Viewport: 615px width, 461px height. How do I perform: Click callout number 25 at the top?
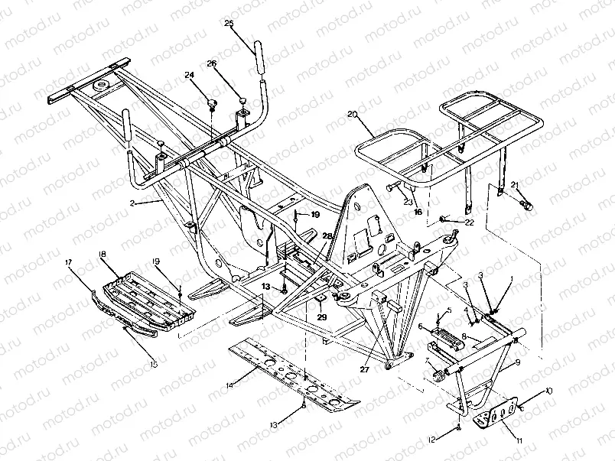[229, 24]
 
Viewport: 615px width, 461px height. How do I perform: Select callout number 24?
[189, 74]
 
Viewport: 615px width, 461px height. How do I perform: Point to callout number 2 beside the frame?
[132, 203]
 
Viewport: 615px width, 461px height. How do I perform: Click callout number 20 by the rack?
[353, 115]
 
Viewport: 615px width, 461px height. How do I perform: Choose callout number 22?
[470, 222]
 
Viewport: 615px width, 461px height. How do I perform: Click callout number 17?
[70, 263]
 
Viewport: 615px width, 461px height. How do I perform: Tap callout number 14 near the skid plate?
[229, 385]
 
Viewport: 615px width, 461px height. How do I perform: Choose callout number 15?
[154, 365]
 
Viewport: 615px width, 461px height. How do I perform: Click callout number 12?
[433, 439]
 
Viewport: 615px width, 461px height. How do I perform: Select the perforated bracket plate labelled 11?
[496, 414]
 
